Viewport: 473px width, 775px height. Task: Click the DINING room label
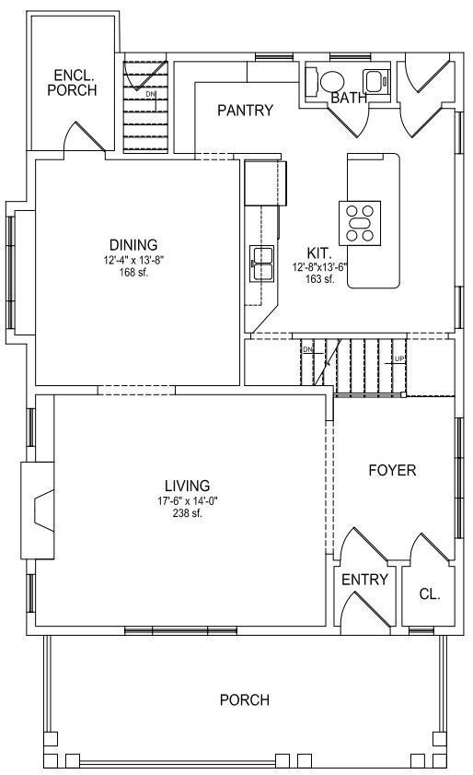(x=133, y=244)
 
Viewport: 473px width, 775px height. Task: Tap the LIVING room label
(x=187, y=486)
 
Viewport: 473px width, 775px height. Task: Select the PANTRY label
(x=245, y=110)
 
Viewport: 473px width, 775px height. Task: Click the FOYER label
(x=392, y=470)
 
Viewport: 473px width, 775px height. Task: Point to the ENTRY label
(x=364, y=580)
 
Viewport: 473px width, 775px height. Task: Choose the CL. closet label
(x=430, y=594)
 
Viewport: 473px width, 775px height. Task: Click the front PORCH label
(x=245, y=699)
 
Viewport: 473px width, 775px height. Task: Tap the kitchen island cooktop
(x=360, y=223)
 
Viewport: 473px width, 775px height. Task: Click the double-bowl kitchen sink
(x=261, y=264)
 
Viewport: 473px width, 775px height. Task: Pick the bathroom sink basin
(x=375, y=80)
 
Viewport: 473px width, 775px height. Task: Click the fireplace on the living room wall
(x=37, y=511)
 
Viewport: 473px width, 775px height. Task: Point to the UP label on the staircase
(x=399, y=358)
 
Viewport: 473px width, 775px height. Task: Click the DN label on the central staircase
(x=308, y=349)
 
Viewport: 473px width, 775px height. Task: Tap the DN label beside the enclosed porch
(x=150, y=93)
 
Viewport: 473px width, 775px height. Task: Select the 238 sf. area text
(x=188, y=513)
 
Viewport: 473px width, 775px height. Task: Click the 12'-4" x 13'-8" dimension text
(x=133, y=260)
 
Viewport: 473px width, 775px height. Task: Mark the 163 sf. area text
(x=320, y=278)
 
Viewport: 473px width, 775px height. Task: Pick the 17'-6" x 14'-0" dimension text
(x=188, y=501)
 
